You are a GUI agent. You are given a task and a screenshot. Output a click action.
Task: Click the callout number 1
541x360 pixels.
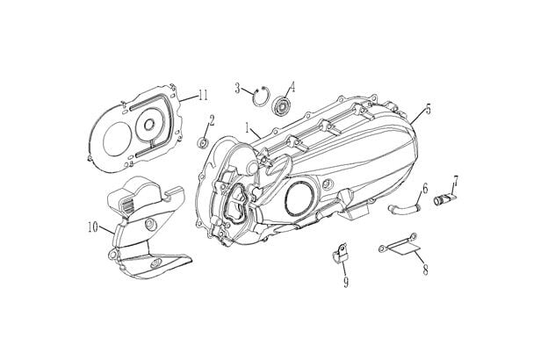[249, 127]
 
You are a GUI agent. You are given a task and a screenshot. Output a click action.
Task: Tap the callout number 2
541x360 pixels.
[212, 119]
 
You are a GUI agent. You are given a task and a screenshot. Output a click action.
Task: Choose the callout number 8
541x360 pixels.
[425, 271]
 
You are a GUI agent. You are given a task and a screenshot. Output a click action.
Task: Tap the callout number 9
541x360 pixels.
[346, 281]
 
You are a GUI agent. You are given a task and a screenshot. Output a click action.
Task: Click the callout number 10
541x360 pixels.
[91, 227]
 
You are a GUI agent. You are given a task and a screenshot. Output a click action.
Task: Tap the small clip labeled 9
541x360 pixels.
[337, 256]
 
